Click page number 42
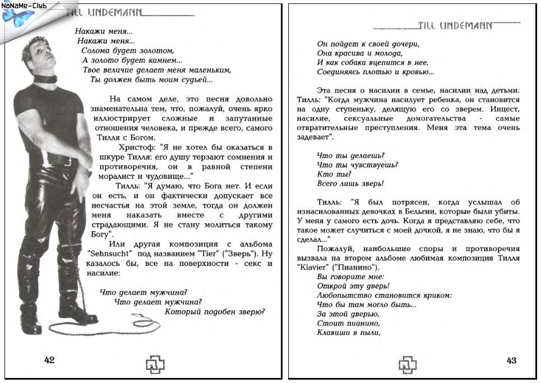[49, 360]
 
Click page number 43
[511, 361]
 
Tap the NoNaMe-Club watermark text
[24, 5]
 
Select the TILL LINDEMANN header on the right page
[455, 25]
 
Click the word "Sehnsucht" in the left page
[109, 253]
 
